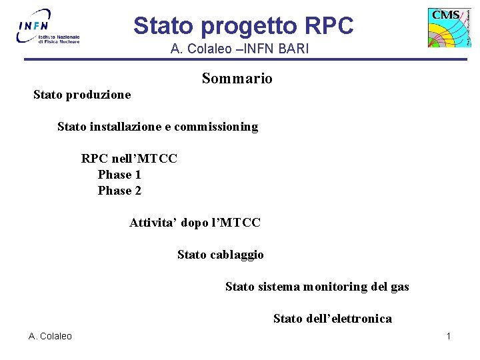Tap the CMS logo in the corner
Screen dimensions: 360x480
tap(449, 27)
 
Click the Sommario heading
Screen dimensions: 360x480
tap(237, 79)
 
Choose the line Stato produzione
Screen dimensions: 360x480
tap(82, 95)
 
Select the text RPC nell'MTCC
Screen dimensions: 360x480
tap(129, 159)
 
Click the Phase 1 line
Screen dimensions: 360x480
tap(119, 175)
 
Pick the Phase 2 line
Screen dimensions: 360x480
tap(119, 191)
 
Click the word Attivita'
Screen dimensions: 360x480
tap(152, 223)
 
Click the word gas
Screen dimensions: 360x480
tap(399, 287)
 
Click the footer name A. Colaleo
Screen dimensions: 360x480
tap(50, 336)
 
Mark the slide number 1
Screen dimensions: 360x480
tap(449, 336)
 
